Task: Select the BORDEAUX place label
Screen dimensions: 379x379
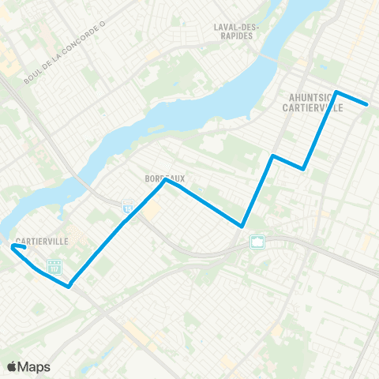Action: [x=164, y=179]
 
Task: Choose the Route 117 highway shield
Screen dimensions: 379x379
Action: [x=54, y=267]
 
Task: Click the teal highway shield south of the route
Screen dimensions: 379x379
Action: [x=257, y=241]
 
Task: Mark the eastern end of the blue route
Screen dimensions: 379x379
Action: [x=368, y=104]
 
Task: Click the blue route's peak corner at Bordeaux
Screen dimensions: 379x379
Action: [x=164, y=182]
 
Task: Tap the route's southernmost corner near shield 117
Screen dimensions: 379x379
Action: [x=69, y=287]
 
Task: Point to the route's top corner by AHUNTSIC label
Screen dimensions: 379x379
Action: [x=337, y=92]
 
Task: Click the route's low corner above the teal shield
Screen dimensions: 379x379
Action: [x=242, y=226]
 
